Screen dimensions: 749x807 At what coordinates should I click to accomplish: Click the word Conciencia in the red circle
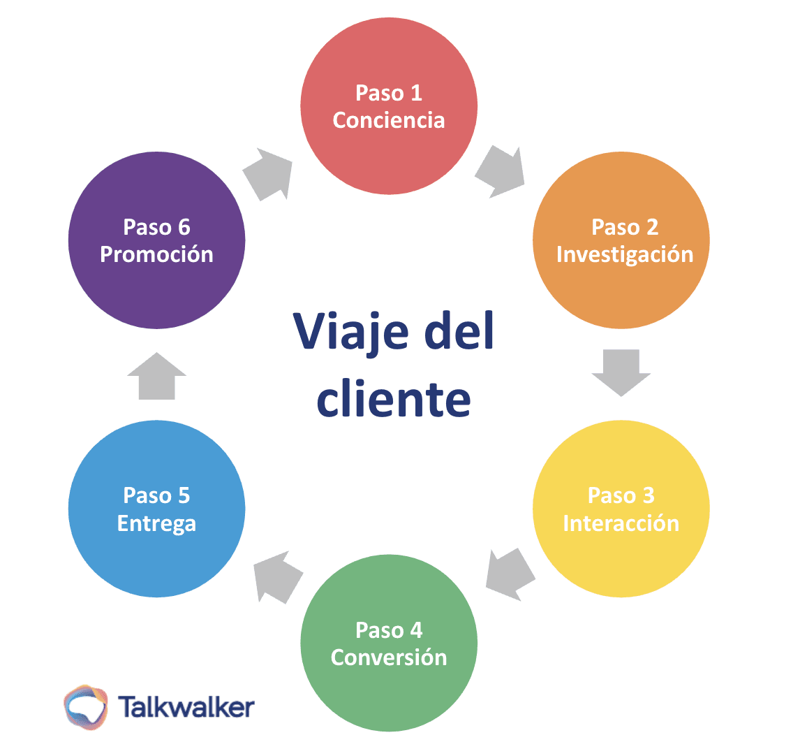[388, 120]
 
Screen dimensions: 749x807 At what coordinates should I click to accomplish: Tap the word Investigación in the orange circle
[624, 254]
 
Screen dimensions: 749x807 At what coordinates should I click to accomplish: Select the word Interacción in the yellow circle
[621, 523]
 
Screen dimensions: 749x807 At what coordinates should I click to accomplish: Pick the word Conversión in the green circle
[388, 657]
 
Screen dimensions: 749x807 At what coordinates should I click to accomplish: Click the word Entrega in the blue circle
[156, 523]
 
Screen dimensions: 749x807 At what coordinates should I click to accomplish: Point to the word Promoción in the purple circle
[156, 254]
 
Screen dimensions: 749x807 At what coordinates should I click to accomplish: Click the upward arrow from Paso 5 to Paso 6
[156, 377]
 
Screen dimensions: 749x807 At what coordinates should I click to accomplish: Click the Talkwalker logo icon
[86, 707]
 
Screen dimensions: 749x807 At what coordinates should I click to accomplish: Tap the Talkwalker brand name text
[186, 707]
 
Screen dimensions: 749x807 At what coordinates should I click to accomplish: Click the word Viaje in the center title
[350, 332]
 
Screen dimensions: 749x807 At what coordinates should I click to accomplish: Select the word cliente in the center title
[393, 400]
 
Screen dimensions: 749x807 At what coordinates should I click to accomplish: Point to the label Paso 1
[388, 93]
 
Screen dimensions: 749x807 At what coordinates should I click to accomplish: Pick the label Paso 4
[388, 630]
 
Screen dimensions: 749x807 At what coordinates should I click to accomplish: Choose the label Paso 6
[156, 227]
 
